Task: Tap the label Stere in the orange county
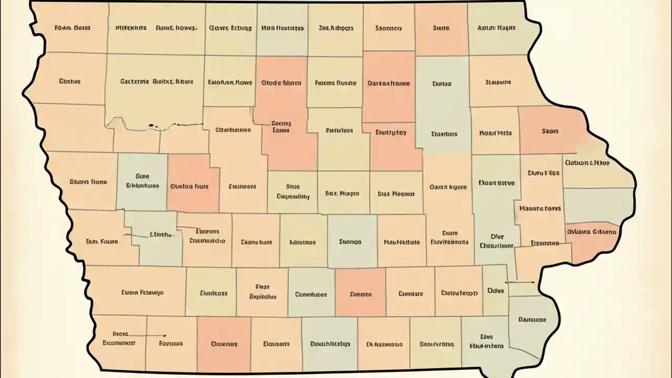point(441,28)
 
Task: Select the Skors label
point(550,131)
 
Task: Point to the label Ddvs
point(495,290)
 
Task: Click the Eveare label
point(361,294)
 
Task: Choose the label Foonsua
point(171,343)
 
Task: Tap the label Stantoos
point(444,133)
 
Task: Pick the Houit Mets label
point(495,133)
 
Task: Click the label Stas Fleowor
point(396,193)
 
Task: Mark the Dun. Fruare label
point(102,241)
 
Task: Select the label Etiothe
point(161,235)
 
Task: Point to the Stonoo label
point(350,242)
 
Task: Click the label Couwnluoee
point(311,295)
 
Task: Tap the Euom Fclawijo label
point(142,292)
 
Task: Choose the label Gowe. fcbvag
point(230,28)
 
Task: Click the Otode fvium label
point(281,82)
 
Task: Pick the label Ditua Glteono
point(591,230)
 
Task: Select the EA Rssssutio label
point(384,344)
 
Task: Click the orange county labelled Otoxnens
point(224,344)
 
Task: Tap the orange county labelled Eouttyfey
point(391,133)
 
